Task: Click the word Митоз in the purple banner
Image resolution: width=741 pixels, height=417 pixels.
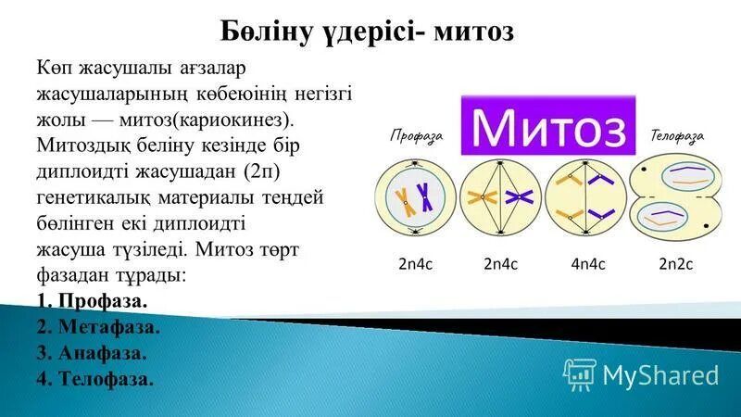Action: pos(555,125)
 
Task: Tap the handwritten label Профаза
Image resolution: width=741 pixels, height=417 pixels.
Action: pos(416,135)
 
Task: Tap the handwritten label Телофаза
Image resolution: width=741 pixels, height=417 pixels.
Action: pos(677,135)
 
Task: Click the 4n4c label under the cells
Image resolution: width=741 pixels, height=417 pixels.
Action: pos(588,264)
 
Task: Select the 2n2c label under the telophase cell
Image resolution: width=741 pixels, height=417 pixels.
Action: pos(676,264)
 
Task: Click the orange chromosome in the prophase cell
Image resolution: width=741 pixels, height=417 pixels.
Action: pos(403,196)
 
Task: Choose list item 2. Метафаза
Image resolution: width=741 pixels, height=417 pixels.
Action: pos(99,327)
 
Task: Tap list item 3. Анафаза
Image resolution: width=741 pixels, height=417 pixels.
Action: pos(94,353)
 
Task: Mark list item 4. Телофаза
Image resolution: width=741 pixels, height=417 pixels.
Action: pos(96,379)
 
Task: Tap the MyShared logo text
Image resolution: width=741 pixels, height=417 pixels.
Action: pos(660,374)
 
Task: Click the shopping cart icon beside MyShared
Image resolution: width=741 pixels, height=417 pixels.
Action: pos(580,374)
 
